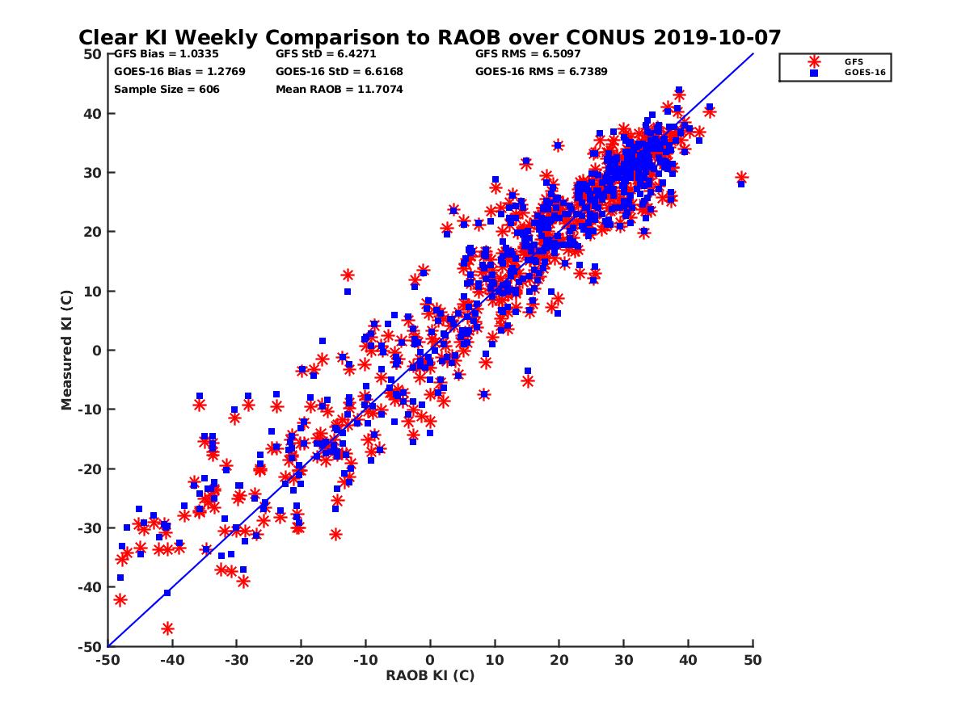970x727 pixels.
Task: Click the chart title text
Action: coord(429,37)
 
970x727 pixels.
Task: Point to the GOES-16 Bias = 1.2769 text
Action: coord(179,71)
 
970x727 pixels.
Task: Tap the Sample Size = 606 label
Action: coord(167,89)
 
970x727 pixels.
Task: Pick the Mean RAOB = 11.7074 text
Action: coord(339,89)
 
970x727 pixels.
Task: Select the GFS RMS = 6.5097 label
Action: coord(528,54)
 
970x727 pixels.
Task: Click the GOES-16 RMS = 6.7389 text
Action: coord(542,71)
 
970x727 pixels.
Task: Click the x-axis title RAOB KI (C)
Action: coord(430,675)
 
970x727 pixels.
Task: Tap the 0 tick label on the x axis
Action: coord(430,660)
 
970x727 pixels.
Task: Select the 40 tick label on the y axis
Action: coord(93,113)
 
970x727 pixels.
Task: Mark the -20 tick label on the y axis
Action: coord(91,469)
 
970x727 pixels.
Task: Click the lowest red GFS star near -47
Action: coord(167,628)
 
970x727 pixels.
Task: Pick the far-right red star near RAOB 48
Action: coord(741,178)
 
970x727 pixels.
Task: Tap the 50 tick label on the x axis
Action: coord(753,660)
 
